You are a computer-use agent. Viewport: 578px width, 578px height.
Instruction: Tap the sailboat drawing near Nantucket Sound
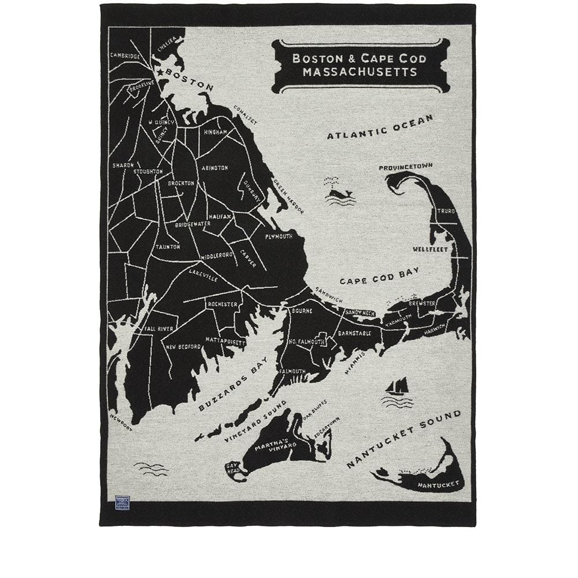coord(398,387)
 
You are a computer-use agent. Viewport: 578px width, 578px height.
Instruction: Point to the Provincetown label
coord(406,167)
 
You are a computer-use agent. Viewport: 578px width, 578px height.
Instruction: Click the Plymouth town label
coord(279,236)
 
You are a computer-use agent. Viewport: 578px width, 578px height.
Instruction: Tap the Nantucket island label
coord(439,483)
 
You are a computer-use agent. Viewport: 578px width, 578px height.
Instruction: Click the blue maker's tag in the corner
coord(122,502)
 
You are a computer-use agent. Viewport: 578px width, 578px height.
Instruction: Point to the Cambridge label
coord(125,56)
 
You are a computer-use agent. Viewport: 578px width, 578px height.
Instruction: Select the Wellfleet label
coord(430,250)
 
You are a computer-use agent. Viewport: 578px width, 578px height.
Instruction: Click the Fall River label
coord(158,328)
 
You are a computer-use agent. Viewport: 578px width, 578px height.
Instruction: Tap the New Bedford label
coord(183,347)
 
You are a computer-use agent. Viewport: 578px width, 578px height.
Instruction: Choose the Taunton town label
coord(168,247)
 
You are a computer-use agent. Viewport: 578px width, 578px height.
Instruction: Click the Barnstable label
coord(354,334)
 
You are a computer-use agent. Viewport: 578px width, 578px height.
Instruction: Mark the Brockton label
coord(181,183)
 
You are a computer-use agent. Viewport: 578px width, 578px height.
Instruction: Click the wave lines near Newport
coord(151,468)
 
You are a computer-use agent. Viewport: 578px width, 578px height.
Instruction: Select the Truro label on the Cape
coord(446,212)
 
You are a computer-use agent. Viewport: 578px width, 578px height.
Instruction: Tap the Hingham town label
coord(215,132)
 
